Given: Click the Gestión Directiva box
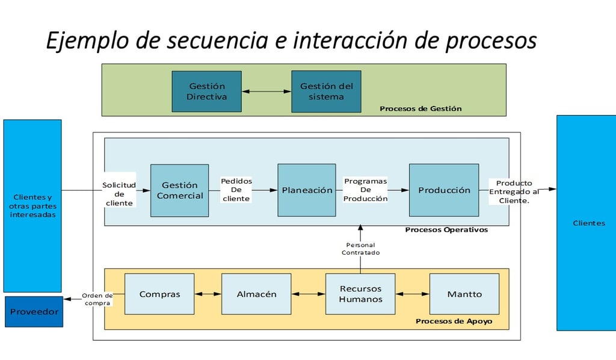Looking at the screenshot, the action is [207, 91].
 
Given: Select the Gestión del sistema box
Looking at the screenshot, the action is [326, 91].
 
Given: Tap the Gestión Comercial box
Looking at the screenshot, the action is [179, 190].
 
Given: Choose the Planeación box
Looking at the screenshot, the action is [307, 190].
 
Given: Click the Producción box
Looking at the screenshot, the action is [444, 190].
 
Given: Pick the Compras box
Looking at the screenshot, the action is [159, 294].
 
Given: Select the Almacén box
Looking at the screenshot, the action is [256, 294].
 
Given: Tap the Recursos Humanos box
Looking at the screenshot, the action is [360, 294].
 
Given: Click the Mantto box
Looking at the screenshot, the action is [464, 294].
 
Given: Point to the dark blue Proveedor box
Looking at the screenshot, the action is [34, 312].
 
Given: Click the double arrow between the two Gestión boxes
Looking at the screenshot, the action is [266, 91].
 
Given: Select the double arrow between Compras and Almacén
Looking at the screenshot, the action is [208, 294].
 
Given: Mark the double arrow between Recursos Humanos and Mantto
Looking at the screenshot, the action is [413, 294].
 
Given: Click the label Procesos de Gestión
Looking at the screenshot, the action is [420, 108].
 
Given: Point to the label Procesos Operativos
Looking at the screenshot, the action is [446, 229].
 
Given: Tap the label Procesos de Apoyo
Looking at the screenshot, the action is [454, 321].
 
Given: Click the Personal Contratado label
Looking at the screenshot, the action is [361, 249].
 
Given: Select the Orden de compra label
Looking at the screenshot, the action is [97, 299].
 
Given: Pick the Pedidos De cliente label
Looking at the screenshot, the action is [236, 190].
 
